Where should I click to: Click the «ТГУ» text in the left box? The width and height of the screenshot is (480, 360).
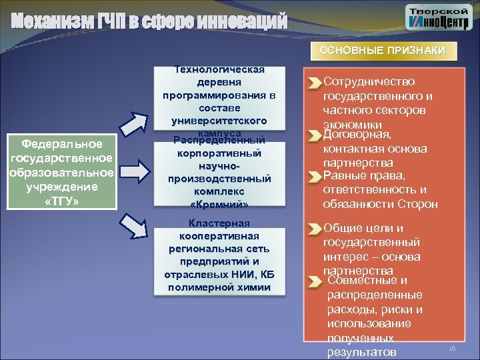63,201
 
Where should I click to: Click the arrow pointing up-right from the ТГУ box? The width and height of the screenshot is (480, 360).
137,123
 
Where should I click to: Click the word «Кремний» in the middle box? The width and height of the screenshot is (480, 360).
219,203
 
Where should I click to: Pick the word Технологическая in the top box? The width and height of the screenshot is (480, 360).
219,69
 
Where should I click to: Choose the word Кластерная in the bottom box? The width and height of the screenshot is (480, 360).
219,223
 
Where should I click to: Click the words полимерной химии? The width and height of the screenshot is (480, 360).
219,287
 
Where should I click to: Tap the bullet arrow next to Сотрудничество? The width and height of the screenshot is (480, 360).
314,83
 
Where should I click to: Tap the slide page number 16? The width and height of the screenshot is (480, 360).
451,349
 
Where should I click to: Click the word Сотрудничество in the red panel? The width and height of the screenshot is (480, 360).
369,82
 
